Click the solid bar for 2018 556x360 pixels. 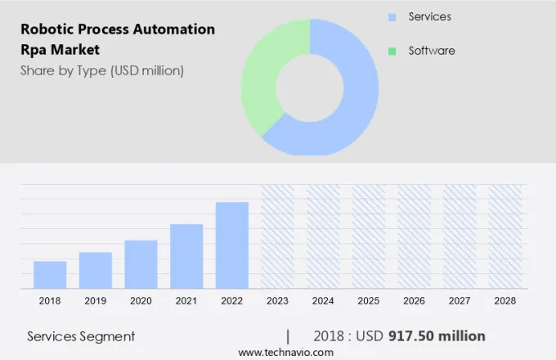(x=50, y=274)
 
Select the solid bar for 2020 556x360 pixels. (x=141, y=263)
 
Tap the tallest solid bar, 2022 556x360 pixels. (x=232, y=245)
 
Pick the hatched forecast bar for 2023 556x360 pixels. (x=277, y=236)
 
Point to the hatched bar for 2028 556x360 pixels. (x=505, y=236)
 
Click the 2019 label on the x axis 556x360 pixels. (x=95, y=301)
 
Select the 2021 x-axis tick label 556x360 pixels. (x=186, y=301)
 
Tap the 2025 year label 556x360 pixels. (x=369, y=301)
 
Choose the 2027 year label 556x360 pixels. (x=460, y=301)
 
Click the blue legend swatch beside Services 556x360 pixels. (x=392, y=17)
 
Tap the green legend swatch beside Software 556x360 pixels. (x=392, y=51)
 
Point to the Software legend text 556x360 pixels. (x=432, y=51)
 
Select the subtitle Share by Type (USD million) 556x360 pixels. (x=102, y=70)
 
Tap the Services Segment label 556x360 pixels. (x=81, y=335)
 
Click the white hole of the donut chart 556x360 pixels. (x=310, y=87)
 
